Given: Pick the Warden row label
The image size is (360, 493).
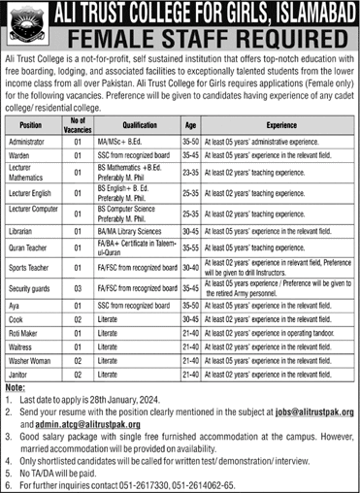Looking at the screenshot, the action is (x=29, y=154).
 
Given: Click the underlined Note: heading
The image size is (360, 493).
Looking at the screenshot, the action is (x=16, y=385).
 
